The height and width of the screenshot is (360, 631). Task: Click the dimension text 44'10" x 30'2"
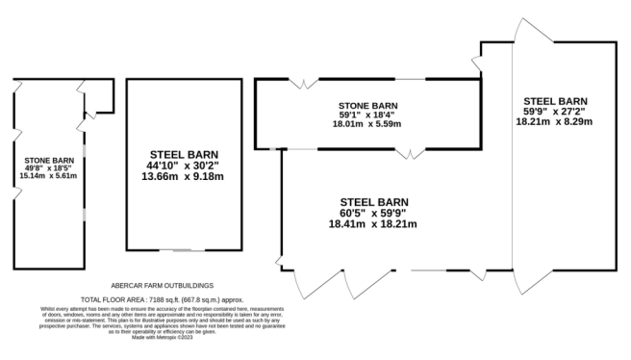(x=183, y=166)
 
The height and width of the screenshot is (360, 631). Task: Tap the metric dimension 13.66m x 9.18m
(x=183, y=176)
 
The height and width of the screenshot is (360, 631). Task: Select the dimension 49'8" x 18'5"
(x=48, y=168)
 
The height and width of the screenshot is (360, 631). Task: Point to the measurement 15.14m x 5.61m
(x=48, y=175)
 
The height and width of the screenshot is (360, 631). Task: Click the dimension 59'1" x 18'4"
(x=366, y=115)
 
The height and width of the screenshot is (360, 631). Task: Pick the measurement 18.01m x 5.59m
(x=366, y=124)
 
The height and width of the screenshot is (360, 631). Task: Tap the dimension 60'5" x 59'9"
(x=373, y=213)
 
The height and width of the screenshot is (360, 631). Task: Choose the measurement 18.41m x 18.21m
(x=373, y=224)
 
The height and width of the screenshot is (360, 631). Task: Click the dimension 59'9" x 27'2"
(x=554, y=112)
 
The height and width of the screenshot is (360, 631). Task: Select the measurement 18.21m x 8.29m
(x=554, y=121)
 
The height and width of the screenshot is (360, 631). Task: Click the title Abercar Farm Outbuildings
(x=163, y=286)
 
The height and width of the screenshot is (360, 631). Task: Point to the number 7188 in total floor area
(x=157, y=300)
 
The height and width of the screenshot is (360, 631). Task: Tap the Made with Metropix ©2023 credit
(x=163, y=338)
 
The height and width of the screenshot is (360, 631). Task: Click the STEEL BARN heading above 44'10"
(x=184, y=155)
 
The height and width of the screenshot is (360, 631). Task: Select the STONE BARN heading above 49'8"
(x=49, y=161)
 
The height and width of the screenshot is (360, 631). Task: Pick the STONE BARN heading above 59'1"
(x=367, y=106)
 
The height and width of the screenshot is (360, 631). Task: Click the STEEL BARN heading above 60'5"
(x=374, y=202)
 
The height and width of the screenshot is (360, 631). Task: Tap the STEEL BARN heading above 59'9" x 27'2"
(x=555, y=101)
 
